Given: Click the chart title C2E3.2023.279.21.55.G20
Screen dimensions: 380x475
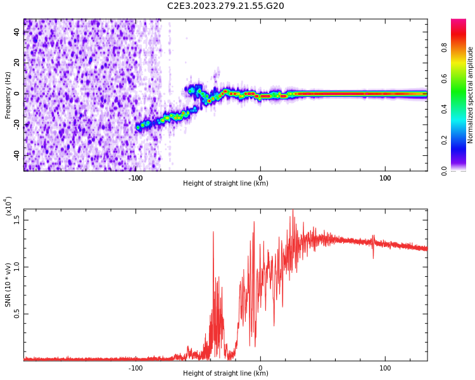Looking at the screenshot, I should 225,6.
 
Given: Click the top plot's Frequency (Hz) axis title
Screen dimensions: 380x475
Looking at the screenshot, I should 8,95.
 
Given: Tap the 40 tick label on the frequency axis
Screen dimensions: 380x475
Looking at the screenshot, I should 17,32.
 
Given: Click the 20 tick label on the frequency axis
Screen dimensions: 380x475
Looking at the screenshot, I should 17,63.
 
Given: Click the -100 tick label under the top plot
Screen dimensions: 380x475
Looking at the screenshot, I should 135,177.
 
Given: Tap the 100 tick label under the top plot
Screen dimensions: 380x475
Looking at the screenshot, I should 385,177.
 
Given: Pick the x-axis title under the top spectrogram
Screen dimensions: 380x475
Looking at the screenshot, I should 225,184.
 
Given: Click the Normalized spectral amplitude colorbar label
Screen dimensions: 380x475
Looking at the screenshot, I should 471,95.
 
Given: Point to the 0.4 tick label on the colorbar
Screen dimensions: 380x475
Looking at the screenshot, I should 462,110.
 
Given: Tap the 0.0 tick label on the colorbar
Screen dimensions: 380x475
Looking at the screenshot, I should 462,170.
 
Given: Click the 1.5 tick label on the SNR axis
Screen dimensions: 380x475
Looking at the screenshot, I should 17,220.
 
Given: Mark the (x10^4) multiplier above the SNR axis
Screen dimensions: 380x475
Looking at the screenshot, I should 9,206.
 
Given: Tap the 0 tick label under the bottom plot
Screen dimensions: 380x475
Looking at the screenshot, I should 260,367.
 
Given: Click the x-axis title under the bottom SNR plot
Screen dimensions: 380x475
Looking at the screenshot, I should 225,374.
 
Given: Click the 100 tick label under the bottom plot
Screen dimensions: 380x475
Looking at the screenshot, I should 385,367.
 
